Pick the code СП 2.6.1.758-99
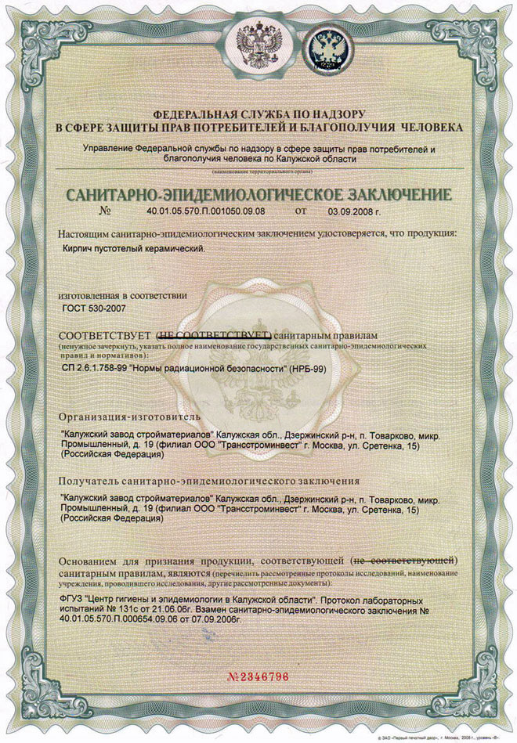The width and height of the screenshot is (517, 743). pyautogui.click(x=99, y=366)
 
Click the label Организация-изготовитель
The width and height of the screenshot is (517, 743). pyautogui.click(x=125, y=415)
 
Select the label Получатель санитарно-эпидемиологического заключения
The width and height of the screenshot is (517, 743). pyautogui.click(x=209, y=480)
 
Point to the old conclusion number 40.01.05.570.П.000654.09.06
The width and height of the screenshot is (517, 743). pyautogui.click(x=126, y=619)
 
